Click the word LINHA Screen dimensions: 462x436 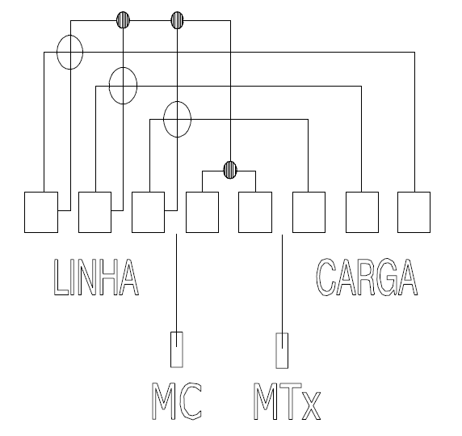click(x=96, y=277)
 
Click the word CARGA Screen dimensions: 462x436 click(x=367, y=277)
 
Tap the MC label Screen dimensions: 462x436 click(x=177, y=401)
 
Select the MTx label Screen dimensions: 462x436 click(x=287, y=401)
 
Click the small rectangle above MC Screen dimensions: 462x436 click(x=177, y=350)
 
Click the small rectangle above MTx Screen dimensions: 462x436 click(x=282, y=351)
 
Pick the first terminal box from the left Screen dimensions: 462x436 click(x=41, y=213)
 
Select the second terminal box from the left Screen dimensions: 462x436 click(x=94, y=213)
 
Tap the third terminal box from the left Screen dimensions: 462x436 click(x=148, y=213)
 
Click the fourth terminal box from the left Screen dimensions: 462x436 click(x=203, y=213)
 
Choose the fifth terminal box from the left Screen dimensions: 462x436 click(x=255, y=213)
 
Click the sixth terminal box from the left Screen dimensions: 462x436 click(x=309, y=213)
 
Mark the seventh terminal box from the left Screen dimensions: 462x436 click(x=362, y=213)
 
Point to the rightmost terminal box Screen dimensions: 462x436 click(x=414, y=213)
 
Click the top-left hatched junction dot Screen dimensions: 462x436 click(x=123, y=20)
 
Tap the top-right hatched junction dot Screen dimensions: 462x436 click(x=177, y=20)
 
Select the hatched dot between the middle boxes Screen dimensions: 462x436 click(x=230, y=170)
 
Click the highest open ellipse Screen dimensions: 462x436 click(x=57, y=53)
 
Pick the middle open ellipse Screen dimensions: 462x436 click(x=109, y=86)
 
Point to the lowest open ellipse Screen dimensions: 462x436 click(x=163, y=119)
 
